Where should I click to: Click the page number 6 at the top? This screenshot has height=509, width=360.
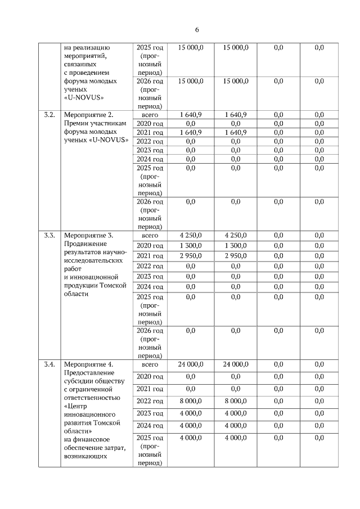(197, 30)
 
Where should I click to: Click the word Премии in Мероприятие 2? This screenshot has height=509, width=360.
(76, 123)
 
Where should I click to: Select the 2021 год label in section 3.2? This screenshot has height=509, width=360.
(150, 132)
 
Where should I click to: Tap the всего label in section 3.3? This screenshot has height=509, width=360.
(150, 235)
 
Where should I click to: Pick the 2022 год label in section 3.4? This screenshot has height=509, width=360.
(150, 401)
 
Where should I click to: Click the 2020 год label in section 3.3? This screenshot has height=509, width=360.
(150, 246)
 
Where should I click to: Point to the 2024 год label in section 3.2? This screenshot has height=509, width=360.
(150, 159)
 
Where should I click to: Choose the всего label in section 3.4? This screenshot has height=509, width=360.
(150, 364)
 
